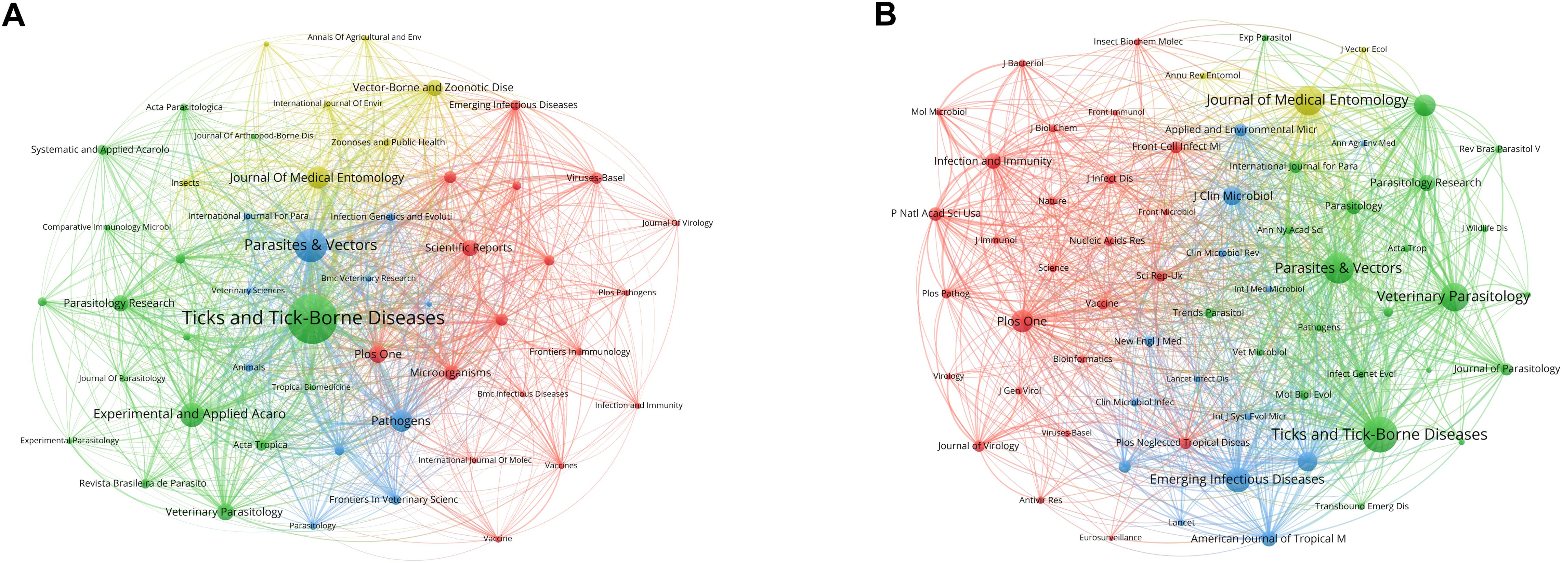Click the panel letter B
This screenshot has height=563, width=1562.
pos(885,15)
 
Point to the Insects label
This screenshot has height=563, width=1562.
pos(185,183)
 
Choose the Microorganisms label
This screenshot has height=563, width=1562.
pos(450,373)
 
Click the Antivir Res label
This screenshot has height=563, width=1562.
pos(1040,500)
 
